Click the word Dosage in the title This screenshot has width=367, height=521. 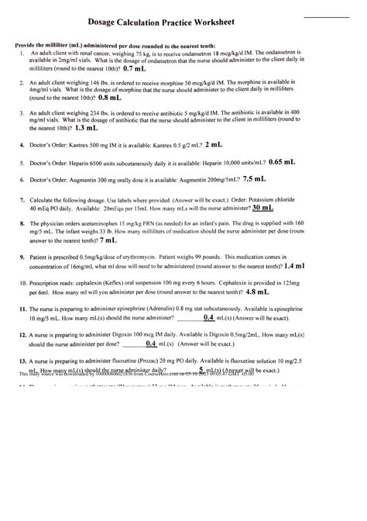point(127,25)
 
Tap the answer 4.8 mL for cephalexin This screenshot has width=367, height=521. point(257,293)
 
